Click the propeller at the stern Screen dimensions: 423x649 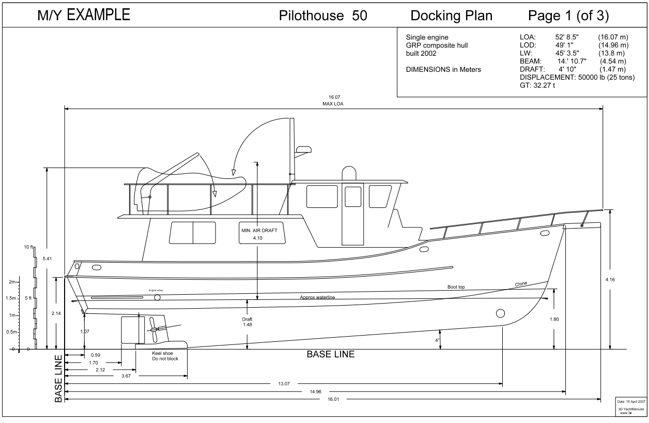153,329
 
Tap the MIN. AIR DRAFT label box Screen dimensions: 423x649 258,234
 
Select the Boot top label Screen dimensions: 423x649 456,286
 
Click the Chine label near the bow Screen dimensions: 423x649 522,284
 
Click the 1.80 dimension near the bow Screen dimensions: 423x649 554,319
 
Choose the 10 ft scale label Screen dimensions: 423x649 27,248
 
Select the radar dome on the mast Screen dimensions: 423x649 303,149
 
